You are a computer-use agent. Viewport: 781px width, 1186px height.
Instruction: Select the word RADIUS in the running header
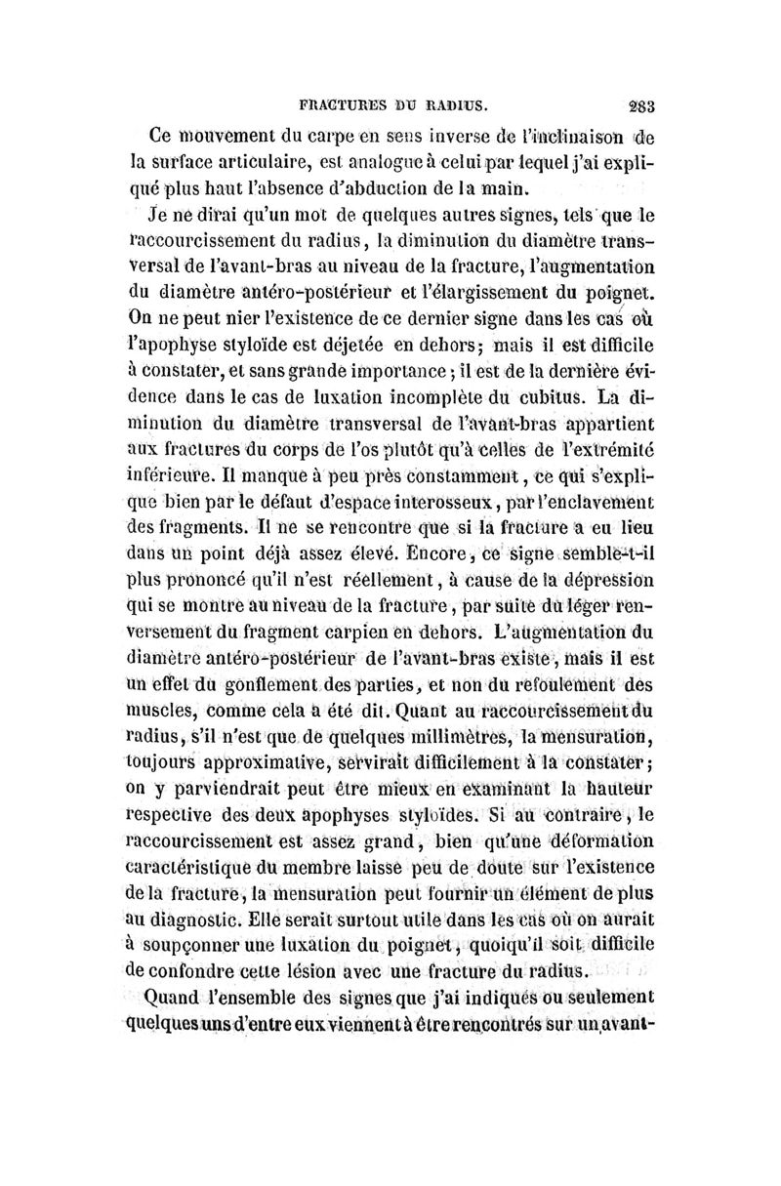point(458,102)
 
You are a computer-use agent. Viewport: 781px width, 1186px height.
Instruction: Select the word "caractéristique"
point(199,868)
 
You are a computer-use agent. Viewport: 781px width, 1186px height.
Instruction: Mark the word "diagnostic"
point(198,920)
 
